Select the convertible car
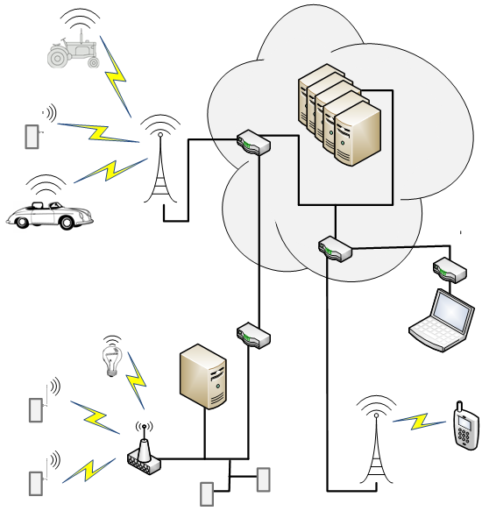(x=41, y=214)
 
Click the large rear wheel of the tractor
(x=59, y=56)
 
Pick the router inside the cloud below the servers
(x=335, y=249)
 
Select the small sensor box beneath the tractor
(x=32, y=137)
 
